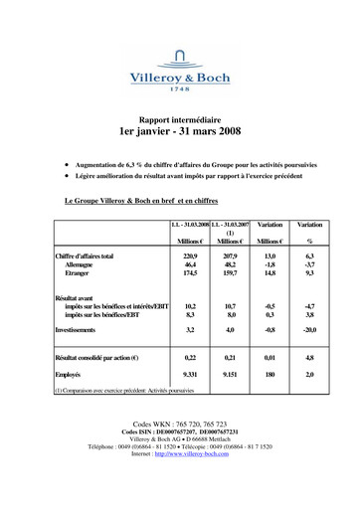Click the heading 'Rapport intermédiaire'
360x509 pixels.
179,117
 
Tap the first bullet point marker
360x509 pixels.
66,159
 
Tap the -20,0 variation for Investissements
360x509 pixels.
309,327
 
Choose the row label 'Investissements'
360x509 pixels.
83,327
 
